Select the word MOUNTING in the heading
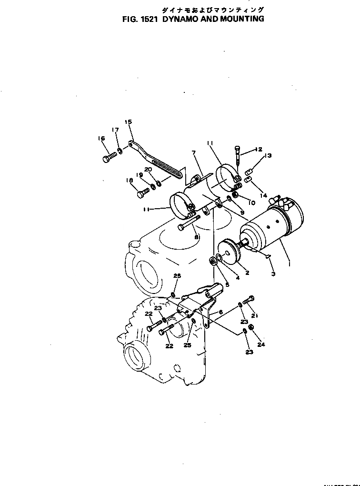pos(240,20)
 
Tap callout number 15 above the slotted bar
pos(128,122)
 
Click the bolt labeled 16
pos(109,157)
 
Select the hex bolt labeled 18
pos(143,193)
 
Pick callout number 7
pos(193,152)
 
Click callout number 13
pos(268,156)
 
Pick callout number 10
pos(251,202)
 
